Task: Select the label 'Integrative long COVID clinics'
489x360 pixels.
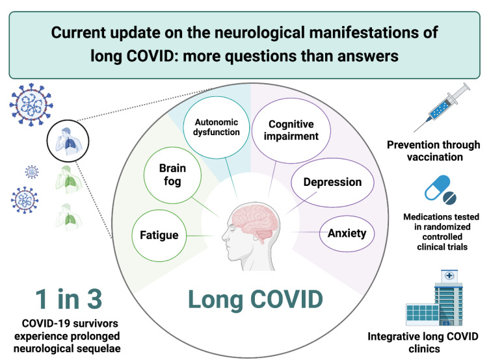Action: click(431, 341)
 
